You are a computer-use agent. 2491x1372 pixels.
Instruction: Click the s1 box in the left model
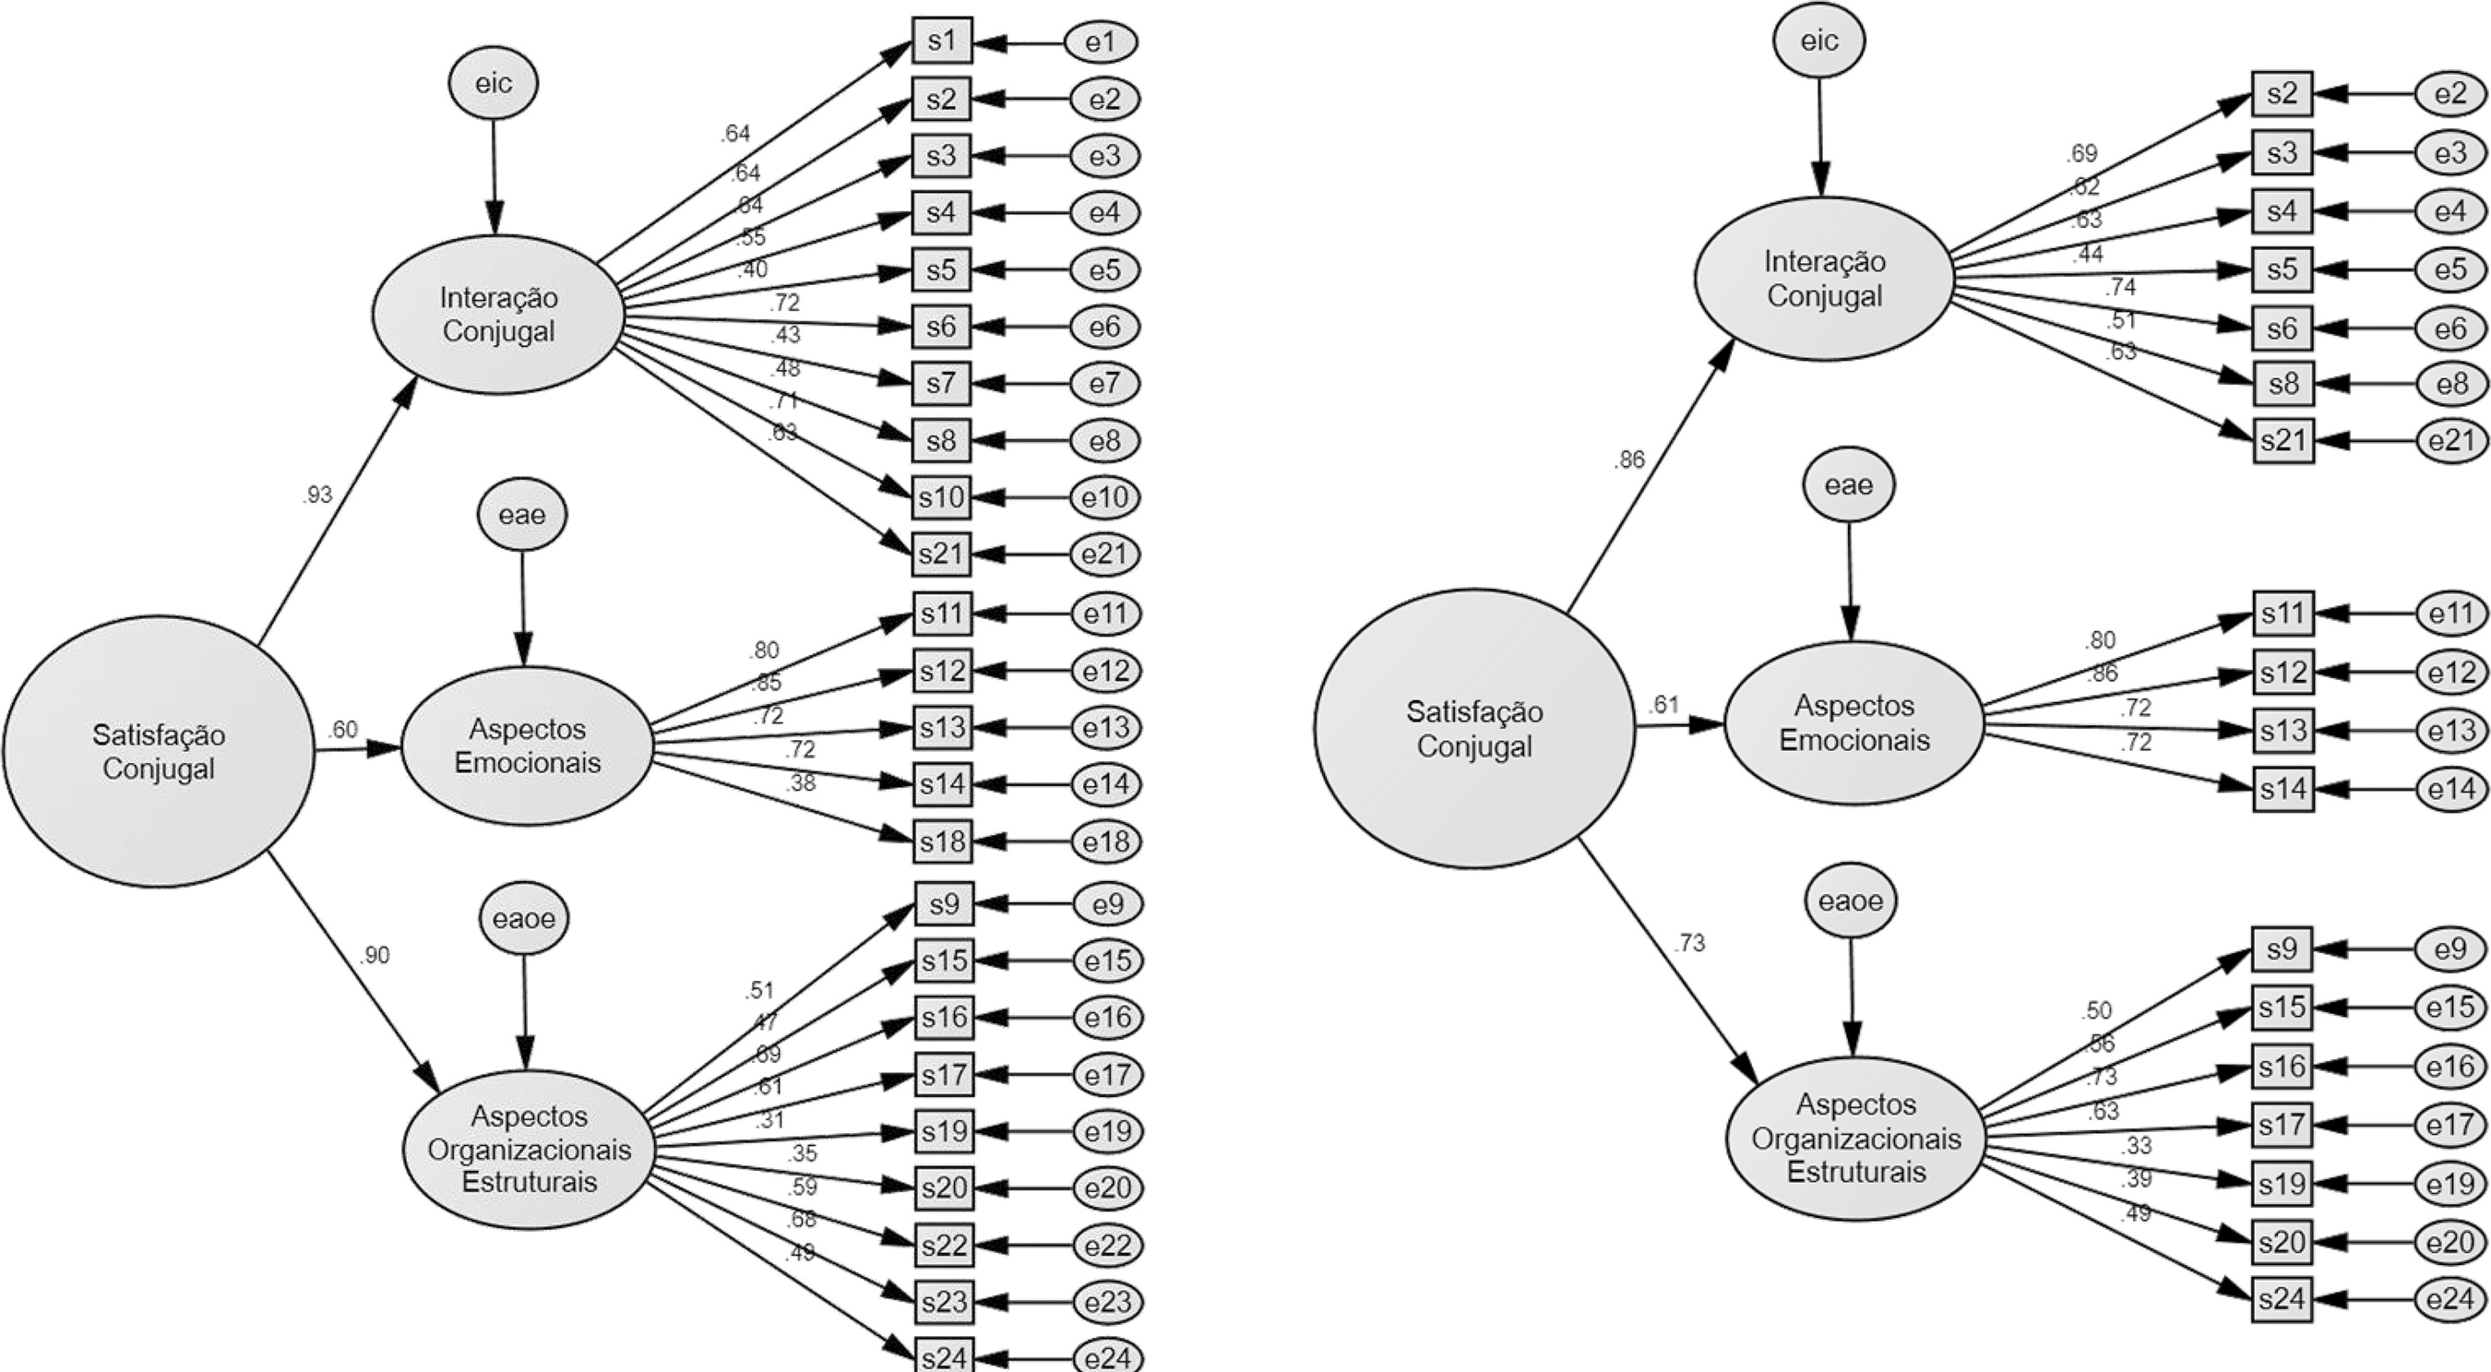942,42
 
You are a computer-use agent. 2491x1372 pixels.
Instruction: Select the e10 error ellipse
1105,498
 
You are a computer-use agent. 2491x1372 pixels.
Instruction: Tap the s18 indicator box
943,841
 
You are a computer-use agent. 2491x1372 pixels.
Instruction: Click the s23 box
945,1302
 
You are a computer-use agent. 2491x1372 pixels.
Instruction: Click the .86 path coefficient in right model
1629,460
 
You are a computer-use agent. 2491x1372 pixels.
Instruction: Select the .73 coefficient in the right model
1689,943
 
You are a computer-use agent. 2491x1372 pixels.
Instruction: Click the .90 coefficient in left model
375,956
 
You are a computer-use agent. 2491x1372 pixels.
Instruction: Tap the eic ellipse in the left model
494,83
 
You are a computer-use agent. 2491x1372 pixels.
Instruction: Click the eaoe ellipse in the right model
1851,901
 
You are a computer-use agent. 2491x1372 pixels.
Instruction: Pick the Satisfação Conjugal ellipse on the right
1473,728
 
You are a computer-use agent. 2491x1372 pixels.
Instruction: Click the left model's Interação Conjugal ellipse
498,314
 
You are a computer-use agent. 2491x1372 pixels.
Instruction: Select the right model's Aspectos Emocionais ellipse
1853,722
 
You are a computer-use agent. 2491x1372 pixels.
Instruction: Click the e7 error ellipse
1105,384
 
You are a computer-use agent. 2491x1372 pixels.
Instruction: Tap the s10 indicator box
942,498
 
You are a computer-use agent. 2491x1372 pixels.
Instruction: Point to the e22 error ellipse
1108,1246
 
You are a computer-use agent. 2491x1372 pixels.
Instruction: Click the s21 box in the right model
2283,441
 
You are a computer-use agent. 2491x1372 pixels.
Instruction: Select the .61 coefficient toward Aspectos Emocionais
1663,705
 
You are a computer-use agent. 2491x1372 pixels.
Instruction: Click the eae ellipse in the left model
522,514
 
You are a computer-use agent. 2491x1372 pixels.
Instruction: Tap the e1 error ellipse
1102,42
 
